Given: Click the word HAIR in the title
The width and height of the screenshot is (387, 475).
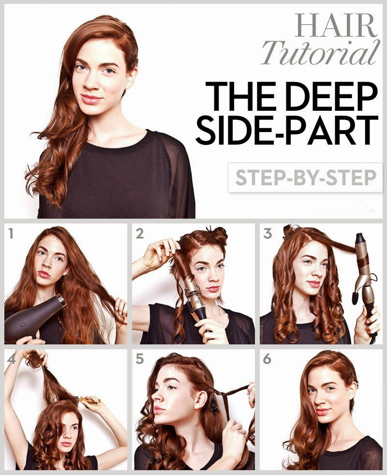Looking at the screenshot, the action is [x=336, y=26].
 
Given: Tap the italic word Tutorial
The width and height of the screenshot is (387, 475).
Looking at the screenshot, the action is [x=321, y=52].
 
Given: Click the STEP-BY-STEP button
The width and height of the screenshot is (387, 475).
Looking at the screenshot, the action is [x=305, y=178].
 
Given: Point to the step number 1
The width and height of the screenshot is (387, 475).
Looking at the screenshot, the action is [x=11, y=234].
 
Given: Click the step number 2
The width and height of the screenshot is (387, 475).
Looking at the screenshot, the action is [x=139, y=234].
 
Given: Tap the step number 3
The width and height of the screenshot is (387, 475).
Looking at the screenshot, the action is [x=268, y=234].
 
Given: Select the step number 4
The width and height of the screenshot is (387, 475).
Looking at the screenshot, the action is [x=12, y=359].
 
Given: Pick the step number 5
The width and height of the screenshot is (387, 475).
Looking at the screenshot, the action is [x=139, y=359].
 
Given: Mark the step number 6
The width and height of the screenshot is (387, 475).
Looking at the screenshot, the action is [x=267, y=359].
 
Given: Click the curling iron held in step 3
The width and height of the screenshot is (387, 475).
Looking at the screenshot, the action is [x=364, y=282].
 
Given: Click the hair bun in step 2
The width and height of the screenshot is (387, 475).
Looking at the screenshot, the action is [x=219, y=234].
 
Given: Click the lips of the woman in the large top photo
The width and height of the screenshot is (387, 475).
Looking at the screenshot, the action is [x=91, y=99].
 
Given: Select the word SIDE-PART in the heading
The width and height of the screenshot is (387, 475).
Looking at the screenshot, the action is [x=287, y=130].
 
